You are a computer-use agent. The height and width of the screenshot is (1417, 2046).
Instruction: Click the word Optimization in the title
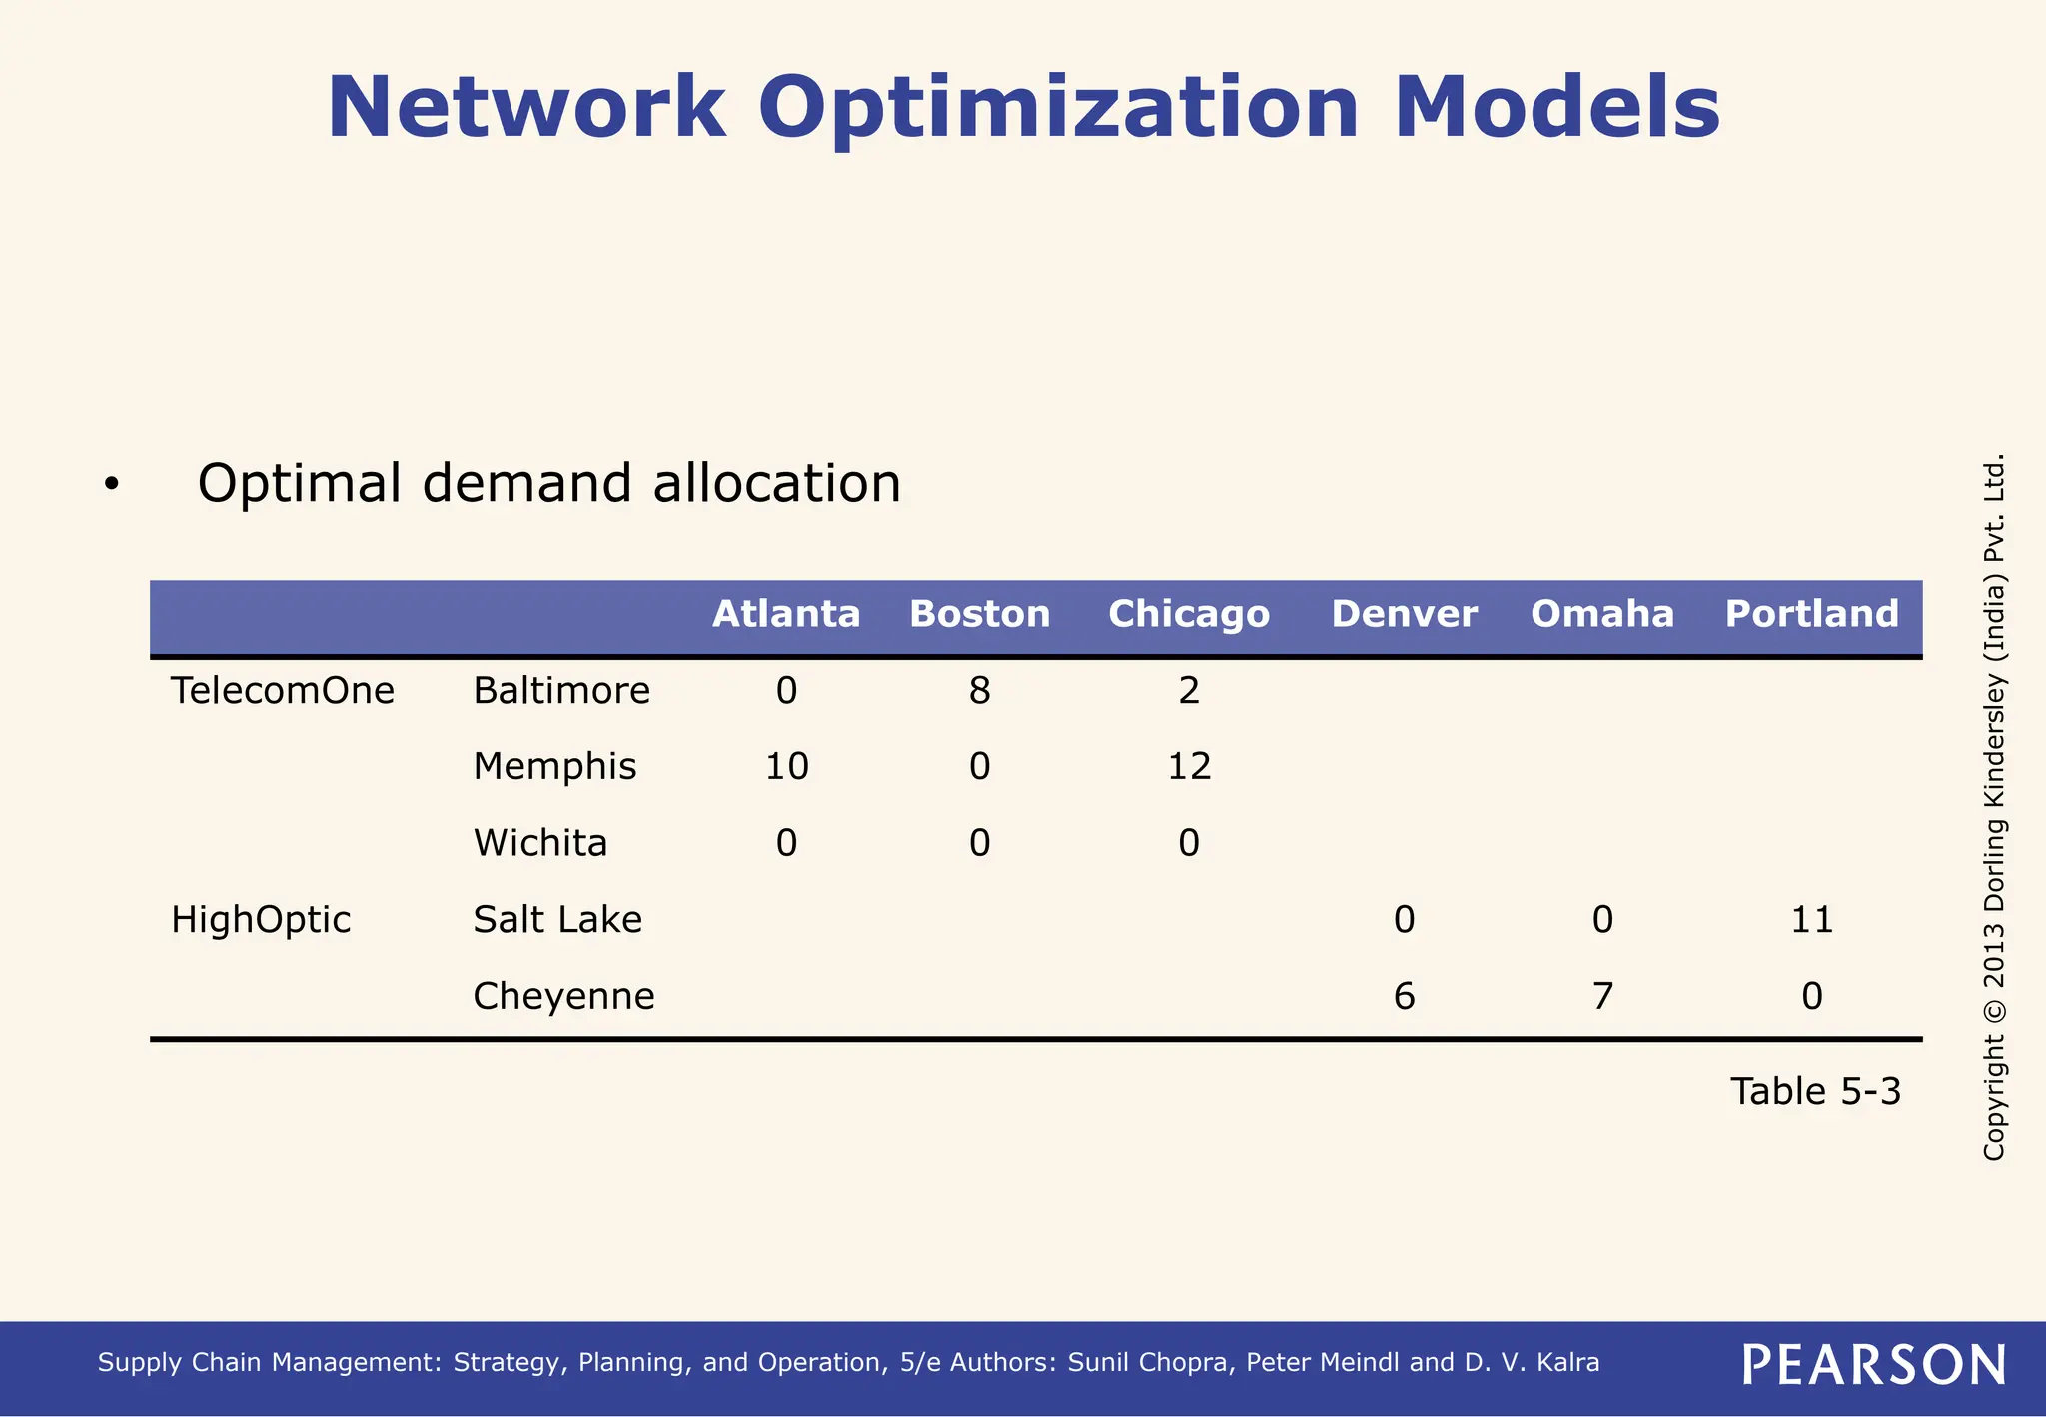pyautogui.click(x=1058, y=108)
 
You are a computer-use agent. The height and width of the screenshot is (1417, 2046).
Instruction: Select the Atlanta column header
pyautogui.click(x=786, y=614)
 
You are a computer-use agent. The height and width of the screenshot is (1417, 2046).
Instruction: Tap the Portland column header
pyautogui.click(x=1811, y=614)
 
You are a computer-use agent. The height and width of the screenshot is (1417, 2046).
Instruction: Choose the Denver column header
pyautogui.click(x=1404, y=614)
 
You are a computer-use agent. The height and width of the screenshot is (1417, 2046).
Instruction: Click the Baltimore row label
pyautogui.click(x=561, y=691)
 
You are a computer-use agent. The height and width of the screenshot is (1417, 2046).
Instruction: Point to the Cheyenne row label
pyautogui.click(x=563, y=997)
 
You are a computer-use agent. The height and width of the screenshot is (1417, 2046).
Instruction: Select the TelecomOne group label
pyautogui.click(x=283, y=691)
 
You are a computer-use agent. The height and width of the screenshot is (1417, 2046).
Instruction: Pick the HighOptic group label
pyautogui.click(x=261, y=920)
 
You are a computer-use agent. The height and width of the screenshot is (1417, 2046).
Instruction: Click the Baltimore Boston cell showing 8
pyautogui.click(x=979, y=691)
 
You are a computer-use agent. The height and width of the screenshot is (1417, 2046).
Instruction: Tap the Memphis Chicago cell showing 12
pyautogui.click(x=1189, y=767)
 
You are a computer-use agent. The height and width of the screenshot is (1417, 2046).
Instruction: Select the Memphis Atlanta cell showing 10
pyautogui.click(x=786, y=767)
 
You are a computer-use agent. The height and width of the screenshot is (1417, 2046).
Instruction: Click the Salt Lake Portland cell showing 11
pyautogui.click(x=1811, y=920)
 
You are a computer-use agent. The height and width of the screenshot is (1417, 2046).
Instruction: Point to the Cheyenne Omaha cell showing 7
pyautogui.click(x=1602, y=997)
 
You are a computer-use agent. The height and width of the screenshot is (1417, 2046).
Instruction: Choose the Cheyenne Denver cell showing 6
pyautogui.click(x=1404, y=997)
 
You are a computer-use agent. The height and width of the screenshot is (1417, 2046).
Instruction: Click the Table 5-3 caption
pyautogui.click(x=1815, y=1092)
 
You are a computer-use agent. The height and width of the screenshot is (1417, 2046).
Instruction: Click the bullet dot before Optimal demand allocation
pyautogui.click(x=111, y=485)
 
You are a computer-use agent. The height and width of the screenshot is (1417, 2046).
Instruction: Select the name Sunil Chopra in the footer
pyautogui.click(x=1151, y=1363)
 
